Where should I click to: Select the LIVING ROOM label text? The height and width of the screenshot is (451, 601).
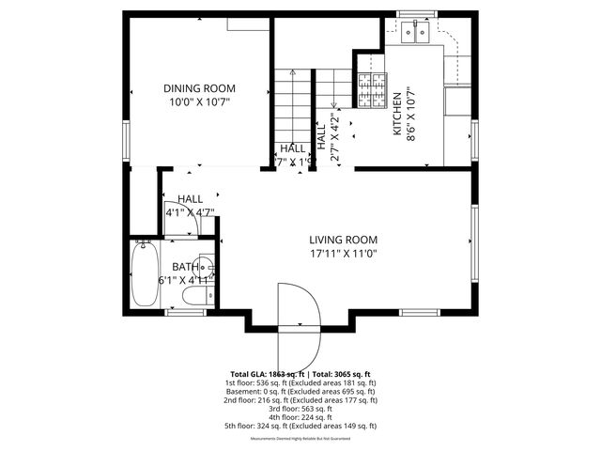click(343, 240)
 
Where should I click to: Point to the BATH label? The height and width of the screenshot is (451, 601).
click(185, 268)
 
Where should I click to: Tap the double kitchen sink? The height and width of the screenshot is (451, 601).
click(414, 35)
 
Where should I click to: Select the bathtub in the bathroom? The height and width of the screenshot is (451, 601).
click(144, 273)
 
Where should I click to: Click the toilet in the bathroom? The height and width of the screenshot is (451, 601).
click(194, 298)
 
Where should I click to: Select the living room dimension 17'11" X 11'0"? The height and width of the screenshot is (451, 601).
click(343, 253)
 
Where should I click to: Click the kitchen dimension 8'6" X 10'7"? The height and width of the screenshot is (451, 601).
click(411, 116)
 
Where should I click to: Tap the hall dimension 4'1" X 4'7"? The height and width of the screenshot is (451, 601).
click(190, 212)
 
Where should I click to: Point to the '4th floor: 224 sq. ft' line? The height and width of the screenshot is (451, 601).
click(300, 417)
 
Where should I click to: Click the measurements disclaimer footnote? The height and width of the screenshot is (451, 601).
click(300, 439)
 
